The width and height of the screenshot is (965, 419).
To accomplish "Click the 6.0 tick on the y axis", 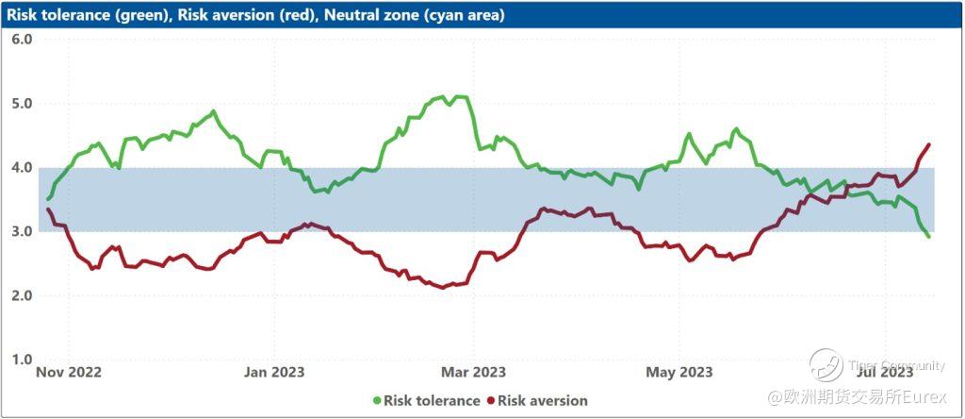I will pos(22,40).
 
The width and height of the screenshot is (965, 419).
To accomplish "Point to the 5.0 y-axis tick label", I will pos(22,104).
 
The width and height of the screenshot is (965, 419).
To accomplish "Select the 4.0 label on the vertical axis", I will pos(22,168).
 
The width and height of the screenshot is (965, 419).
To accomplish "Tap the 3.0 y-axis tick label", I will pos(22,232).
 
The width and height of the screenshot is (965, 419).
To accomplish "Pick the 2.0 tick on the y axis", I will pos(22,296).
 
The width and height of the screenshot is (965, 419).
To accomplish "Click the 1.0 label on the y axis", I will pos(22,360).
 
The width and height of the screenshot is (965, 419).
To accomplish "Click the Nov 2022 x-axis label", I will pos(68,372).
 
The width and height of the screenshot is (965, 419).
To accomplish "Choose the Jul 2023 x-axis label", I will pos(886,372).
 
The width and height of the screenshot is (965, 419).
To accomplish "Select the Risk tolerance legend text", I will pos(432,401).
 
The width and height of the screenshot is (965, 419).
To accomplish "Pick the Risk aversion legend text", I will pos(543,401).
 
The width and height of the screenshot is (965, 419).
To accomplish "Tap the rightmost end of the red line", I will pos(929,144).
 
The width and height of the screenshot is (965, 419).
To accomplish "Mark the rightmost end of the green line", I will pos(929,236).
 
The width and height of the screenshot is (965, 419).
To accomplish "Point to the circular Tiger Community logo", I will pos(826,365).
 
